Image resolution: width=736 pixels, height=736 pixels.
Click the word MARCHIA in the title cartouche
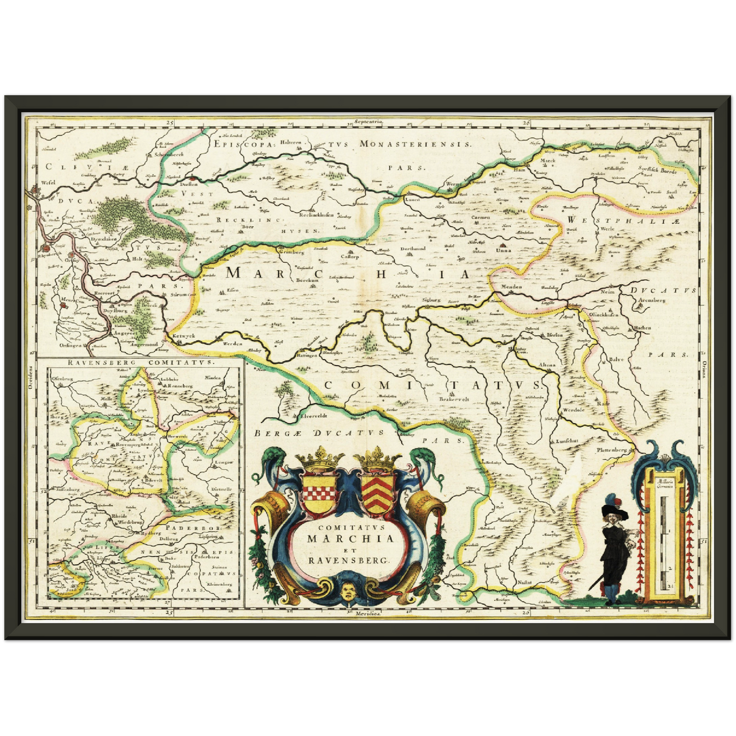tap(349, 538)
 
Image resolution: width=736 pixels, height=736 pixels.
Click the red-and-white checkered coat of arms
tap(319, 492)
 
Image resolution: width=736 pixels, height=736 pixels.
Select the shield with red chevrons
tap(378, 492)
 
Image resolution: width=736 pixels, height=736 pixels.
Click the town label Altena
tap(547, 365)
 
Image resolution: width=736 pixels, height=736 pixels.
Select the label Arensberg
tap(652, 301)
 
